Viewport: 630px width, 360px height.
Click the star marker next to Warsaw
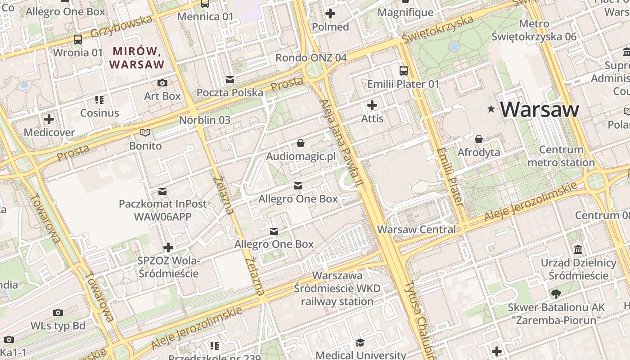[x=491, y=109]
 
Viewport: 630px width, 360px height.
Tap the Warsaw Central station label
[x=416, y=229]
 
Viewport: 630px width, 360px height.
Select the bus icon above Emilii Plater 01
[x=404, y=71]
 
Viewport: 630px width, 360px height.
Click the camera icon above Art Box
[x=162, y=83]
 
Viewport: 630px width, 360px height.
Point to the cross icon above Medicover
[x=49, y=119]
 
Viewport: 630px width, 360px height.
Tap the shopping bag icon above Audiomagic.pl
[x=300, y=144]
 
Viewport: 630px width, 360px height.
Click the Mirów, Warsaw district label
[x=137, y=58]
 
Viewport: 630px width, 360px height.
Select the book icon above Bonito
[x=145, y=132]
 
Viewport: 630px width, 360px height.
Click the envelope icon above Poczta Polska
[x=230, y=80]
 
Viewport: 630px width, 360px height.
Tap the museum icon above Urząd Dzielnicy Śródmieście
[x=579, y=249]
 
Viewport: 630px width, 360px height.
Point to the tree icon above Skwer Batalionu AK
[x=556, y=294]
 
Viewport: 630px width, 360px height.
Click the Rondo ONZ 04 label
[x=311, y=58]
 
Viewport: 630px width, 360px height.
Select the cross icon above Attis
[x=372, y=106]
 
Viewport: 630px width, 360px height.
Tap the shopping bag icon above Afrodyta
[x=479, y=139]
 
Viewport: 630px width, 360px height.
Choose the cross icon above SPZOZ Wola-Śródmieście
[x=168, y=247]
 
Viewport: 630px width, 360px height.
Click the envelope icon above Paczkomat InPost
[x=162, y=191]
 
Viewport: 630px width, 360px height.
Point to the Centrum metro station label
[x=561, y=156]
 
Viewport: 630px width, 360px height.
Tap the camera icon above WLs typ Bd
[x=58, y=312]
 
